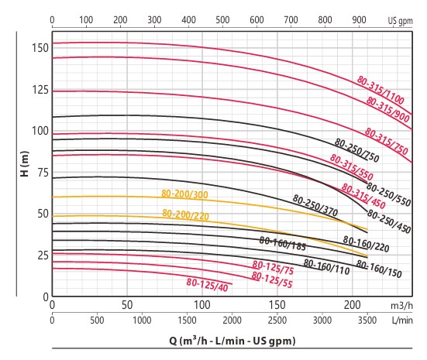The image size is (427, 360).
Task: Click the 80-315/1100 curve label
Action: point(381,90)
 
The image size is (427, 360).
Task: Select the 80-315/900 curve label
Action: point(387,109)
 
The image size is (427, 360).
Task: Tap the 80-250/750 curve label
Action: point(356,150)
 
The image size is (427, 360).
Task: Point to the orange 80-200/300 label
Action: point(184,194)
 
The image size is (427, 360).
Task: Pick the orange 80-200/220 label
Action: point(185,214)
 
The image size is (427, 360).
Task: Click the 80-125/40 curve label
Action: point(207,285)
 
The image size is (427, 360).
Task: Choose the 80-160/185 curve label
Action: point(282,244)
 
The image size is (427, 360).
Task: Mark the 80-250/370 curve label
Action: point(315,205)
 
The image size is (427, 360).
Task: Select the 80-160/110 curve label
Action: point(326,267)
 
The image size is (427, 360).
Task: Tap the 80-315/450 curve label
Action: point(363,196)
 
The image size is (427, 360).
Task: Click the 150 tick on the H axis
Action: point(40,48)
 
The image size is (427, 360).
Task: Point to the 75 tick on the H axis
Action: point(43,173)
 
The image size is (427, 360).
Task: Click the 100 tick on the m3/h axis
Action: point(201,305)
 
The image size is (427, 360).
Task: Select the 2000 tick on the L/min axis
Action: point(232,320)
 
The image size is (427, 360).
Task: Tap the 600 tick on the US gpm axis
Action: point(257,20)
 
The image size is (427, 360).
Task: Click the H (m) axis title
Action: point(25,163)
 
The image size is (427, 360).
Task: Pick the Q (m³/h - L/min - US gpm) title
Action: point(232,341)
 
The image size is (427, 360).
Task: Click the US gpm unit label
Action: point(401,21)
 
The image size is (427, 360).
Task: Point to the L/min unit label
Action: point(402,321)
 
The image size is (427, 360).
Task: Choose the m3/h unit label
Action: point(401,306)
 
